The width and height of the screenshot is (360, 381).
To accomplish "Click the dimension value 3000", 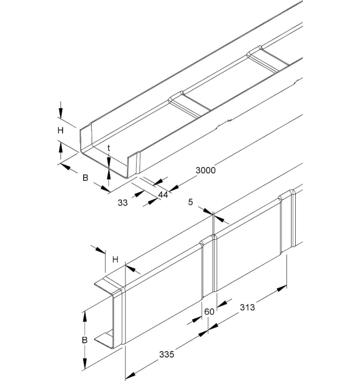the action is pyautogui.click(x=206, y=170).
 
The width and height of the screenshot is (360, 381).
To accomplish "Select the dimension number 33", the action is pyautogui.click(x=122, y=202).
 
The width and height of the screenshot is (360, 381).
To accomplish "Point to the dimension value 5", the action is pyautogui.click(x=190, y=202).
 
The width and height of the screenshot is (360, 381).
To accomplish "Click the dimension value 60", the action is pyautogui.click(x=209, y=311).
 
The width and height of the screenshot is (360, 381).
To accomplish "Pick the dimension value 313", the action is pyautogui.click(x=247, y=307).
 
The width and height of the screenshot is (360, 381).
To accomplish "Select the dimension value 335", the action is pyautogui.click(x=166, y=354).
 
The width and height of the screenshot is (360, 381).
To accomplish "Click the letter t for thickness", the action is pyautogui.click(x=109, y=148).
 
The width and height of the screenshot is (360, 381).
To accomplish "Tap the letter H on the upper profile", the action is pyautogui.click(x=60, y=130).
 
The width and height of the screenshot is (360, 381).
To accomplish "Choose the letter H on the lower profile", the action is pyautogui.click(x=115, y=259).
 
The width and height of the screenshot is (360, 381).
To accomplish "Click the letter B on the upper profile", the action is pyautogui.click(x=85, y=178).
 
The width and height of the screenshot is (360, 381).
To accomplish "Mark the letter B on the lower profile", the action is pyautogui.click(x=84, y=341).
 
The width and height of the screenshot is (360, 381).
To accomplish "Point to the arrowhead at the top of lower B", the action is pyautogui.click(x=84, y=317).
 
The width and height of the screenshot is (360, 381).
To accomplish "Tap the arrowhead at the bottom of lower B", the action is pyautogui.click(x=84, y=363).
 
